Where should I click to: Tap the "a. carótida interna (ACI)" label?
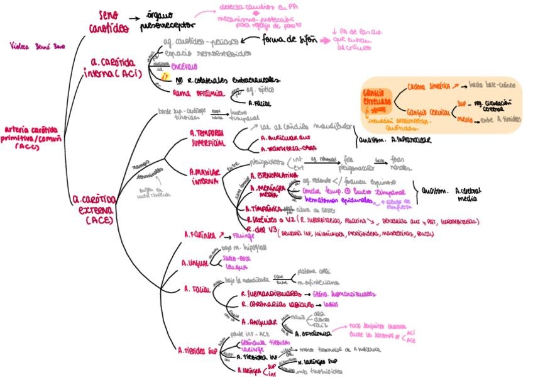click(x=118, y=68)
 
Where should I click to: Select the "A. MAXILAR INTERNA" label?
click(x=208, y=176)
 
